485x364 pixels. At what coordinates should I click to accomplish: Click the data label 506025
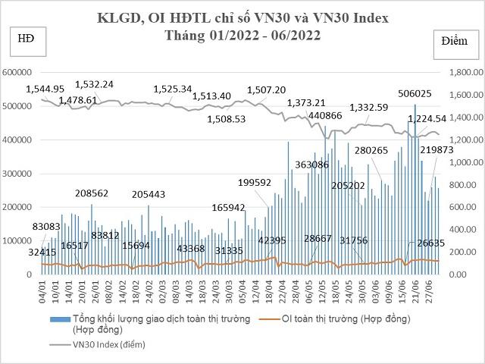click(415, 93)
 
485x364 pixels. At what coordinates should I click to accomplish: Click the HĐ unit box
click(25, 38)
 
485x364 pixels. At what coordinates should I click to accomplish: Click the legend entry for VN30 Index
click(109, 345)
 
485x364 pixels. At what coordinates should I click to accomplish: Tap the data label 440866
click(326, 115)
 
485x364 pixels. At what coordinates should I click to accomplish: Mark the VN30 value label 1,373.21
click(306, 102)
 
